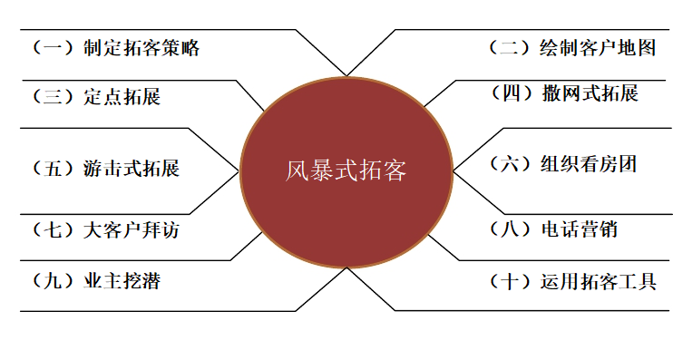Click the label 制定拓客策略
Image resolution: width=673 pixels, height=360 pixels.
tap(141, 49)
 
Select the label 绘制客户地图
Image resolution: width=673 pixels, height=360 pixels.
tap(597, 49)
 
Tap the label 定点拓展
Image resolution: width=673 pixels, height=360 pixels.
tap(121, 97)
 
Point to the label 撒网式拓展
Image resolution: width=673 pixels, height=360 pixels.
tap(590, 93)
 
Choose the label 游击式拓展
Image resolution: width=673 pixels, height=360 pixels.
tap(131, 169)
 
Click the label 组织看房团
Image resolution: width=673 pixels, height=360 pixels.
tap(589, 163)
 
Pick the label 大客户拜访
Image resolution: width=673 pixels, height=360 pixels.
tap(131, 230)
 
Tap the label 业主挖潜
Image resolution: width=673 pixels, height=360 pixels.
tap(121, 280)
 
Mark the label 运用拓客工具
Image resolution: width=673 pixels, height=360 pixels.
tap(597, 281)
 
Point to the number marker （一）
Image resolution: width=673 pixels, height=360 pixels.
tap(52, 49)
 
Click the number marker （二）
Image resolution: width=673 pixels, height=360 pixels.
tap(508, 49)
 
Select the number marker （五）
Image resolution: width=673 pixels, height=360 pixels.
tap(52, 169)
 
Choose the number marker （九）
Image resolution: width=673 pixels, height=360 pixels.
tap(52, 280)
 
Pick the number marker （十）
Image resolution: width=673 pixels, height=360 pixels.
tap(508, 281)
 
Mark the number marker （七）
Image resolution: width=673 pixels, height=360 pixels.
tap(52, 230)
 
